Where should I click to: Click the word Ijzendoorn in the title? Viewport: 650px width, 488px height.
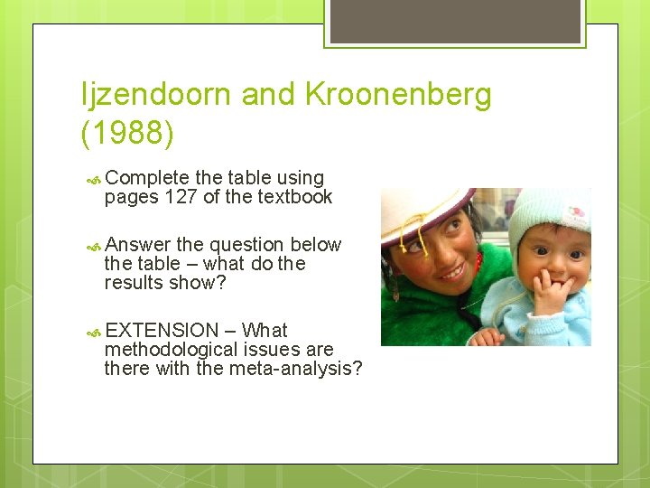[153, 94]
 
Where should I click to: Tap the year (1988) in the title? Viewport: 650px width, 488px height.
[126, 133]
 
